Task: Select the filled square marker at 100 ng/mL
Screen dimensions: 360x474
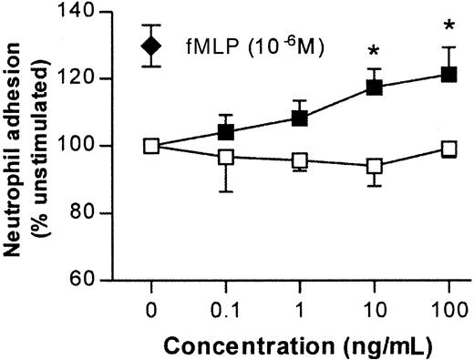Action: point(448,74)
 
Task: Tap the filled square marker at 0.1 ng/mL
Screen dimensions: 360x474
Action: point(226,131)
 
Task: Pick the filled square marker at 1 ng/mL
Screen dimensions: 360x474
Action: point(301,118)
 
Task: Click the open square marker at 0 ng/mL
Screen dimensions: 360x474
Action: point(151,146)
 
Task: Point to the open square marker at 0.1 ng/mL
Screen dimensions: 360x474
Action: point(226,157)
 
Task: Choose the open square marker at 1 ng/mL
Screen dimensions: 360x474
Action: point(301,160)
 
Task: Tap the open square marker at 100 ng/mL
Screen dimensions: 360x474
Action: point(448,148)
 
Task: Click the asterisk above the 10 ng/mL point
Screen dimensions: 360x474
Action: point(375,51)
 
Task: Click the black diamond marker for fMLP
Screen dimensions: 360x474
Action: point(152,45)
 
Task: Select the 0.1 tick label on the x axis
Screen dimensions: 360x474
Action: point(225,311)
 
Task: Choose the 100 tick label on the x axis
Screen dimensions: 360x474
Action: point(448,311)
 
